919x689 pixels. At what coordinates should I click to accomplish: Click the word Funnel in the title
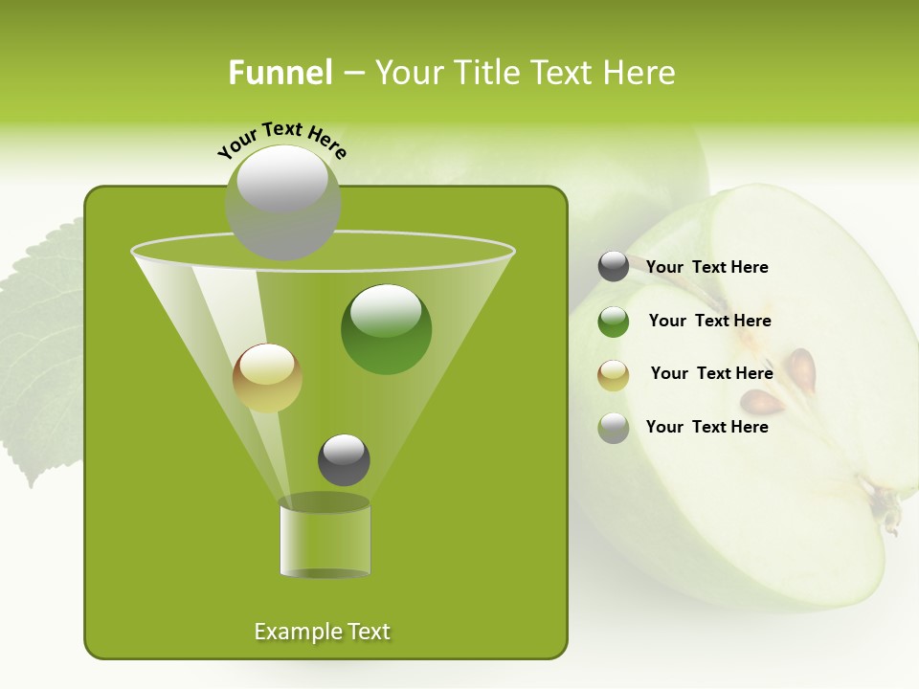[x=280, y=73]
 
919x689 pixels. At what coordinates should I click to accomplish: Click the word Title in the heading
[x=487, y=73]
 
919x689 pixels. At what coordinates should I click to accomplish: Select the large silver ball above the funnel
[x=282, y=202]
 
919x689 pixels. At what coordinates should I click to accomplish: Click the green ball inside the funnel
[x=386, y=328]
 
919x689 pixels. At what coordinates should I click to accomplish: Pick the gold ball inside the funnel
[x=267, y=377]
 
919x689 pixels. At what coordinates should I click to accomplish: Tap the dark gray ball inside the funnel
[x=344, y=459]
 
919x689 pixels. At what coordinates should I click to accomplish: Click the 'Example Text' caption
[x=322, y=632]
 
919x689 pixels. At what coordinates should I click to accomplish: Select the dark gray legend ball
[x=614, y=267]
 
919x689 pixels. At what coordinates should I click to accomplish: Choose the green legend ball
[x=614, y=322]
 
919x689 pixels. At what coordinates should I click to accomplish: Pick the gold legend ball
[x=614, y=375]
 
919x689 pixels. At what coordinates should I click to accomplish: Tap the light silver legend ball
[x=614, y=428]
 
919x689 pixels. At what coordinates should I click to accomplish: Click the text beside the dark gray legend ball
[x=706, y=268]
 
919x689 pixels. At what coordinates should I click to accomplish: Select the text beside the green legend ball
[x=709, y=322]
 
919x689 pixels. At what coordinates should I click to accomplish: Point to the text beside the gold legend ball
[x=711, y=374]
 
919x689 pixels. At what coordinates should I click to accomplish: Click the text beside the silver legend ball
[x=706, y=427]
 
